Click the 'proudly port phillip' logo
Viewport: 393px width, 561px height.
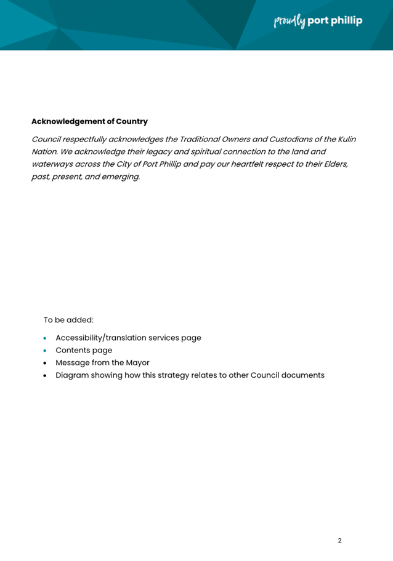(x=318, y=21)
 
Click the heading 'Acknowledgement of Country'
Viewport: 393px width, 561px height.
(x=89, y=121)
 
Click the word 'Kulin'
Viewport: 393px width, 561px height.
(x=345, y=139)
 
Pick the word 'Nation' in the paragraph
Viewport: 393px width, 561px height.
(x=46, y=151)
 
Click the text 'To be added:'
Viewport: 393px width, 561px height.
(x=68, y=320)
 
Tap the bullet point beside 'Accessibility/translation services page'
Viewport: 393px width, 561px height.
(x=45, y=338)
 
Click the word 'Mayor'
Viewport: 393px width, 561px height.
(x=137, y=362)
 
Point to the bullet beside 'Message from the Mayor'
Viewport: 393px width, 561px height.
(x=45, y=363)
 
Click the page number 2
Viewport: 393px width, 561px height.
(x=339, y=541)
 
